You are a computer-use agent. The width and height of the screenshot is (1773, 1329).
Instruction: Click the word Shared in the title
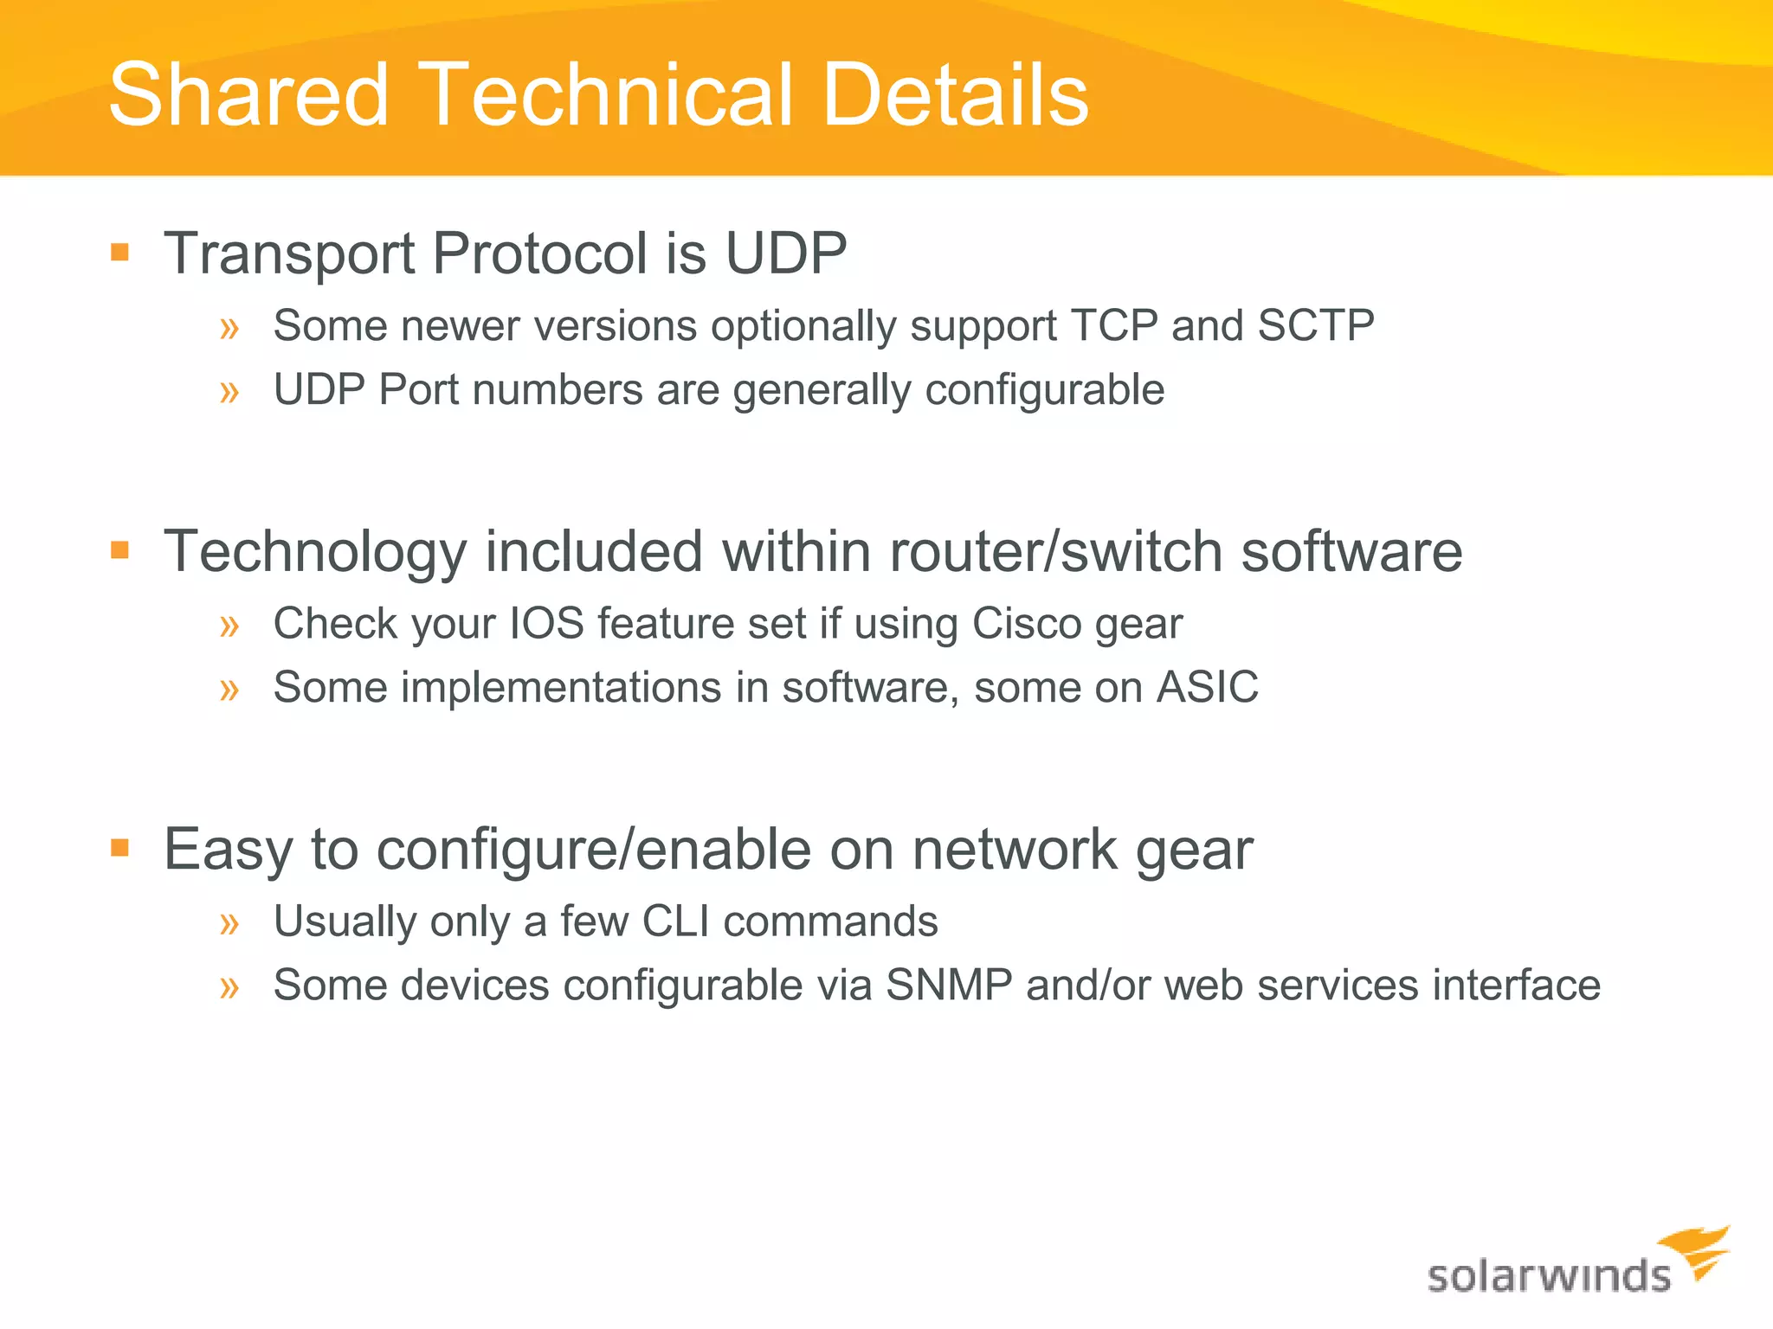click(249, 95)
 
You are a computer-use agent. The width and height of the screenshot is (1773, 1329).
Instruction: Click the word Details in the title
click(955, 95)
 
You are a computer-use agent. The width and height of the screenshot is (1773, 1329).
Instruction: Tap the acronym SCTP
click(1315, 326)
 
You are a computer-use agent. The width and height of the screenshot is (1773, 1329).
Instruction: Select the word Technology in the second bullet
click(315, 552)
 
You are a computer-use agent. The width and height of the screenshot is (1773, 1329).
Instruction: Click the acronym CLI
click(676, 921)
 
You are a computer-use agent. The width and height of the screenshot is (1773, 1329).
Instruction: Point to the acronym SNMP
click(949, 986)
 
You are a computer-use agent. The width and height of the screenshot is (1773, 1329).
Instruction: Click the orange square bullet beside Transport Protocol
click(120, 253)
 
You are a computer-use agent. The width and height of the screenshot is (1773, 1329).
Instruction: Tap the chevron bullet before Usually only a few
click(229, 923)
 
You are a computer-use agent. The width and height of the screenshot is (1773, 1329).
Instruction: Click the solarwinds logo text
click(1549, 1276)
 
